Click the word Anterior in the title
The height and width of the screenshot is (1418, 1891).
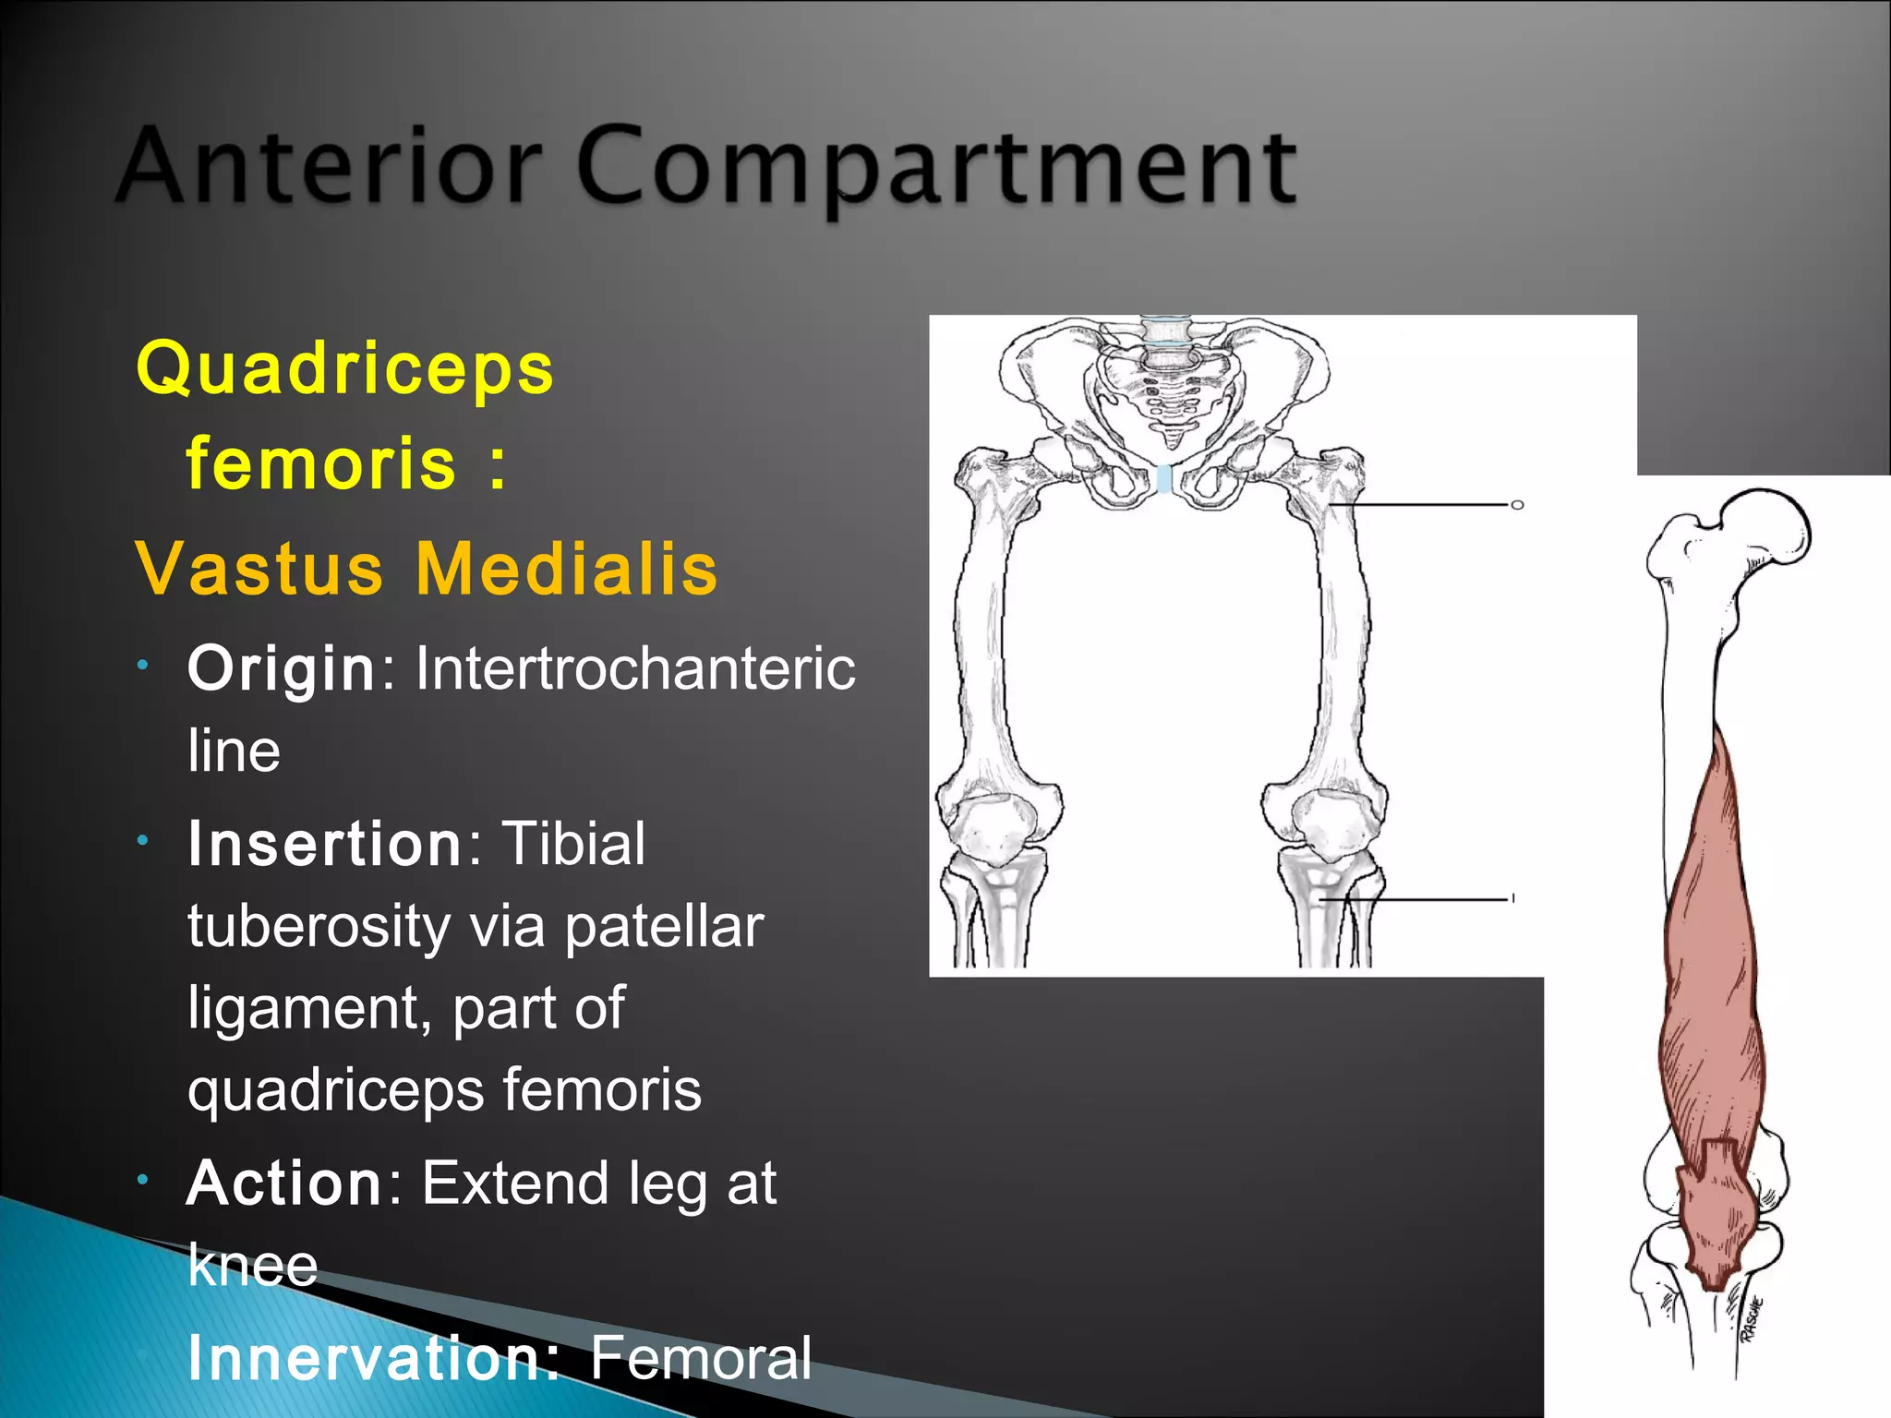click(x=328, y=166)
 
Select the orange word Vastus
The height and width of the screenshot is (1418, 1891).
click(x=259, y=569)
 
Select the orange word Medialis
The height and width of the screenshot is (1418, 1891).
click(x=566, y=569)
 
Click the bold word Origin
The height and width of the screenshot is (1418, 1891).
click(x=281, y=668)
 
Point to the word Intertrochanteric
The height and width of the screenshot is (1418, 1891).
click(x=635, y=668)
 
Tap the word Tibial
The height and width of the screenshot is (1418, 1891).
click(x=572, y=844)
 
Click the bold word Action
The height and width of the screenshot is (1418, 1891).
click(x=284, y=1184)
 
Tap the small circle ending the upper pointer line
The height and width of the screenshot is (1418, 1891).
click(x=1516, y=505)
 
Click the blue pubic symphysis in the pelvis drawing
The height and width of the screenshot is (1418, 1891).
click(x=1164, y=479)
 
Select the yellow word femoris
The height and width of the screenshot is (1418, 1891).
click(x=321, y=464)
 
